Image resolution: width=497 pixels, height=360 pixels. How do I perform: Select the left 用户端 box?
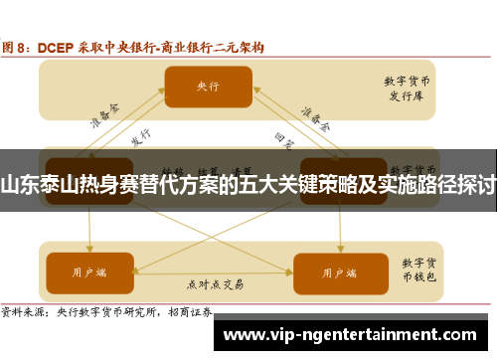tap(88, 270)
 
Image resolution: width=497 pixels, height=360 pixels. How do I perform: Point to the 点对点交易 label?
tap(215, 283)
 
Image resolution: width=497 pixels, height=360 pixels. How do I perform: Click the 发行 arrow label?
tap(141, 138)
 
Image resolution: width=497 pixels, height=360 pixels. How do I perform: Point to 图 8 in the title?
tap(17, 46)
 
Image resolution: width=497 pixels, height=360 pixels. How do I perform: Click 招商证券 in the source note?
tap(189, 310)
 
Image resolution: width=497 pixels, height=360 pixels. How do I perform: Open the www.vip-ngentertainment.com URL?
tap(358, 333)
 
